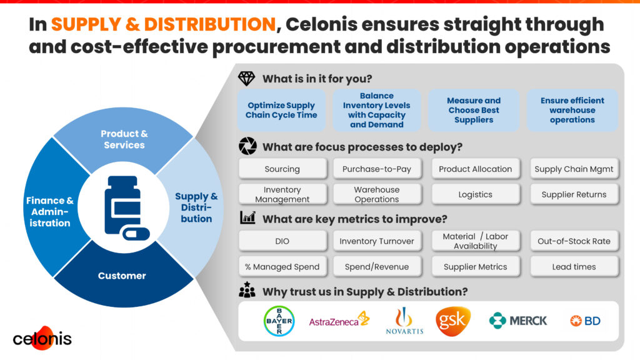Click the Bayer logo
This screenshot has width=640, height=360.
click(279, 321)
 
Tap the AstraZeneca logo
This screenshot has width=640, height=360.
click(339, 321)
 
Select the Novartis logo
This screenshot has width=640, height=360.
click(404, 321)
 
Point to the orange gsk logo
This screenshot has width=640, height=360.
click(453, 321)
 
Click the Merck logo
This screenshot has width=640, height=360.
click(518, 321)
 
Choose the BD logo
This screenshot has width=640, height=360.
click(585, 321)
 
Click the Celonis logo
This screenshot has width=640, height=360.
click(42, 338)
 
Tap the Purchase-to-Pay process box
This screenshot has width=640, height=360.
click(377, 169)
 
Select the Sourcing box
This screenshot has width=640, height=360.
click(282, 169)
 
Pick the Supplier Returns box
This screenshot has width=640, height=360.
click(574, 194)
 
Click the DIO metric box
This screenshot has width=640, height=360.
click(282, 241)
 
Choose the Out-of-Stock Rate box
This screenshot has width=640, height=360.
click(574, 241)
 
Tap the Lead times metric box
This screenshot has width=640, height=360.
click(574, 266)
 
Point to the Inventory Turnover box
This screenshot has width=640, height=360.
click(377, 241)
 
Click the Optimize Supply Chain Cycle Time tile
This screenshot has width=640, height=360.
click(281, 110)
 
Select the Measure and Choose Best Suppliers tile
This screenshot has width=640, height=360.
click(474, 110)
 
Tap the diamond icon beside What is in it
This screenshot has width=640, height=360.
click(246, 78)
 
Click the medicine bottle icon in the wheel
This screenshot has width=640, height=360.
click(126, 208)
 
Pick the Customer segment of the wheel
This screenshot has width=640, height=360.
click(122, 276)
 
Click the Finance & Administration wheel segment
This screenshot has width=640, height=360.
click(50, 211)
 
